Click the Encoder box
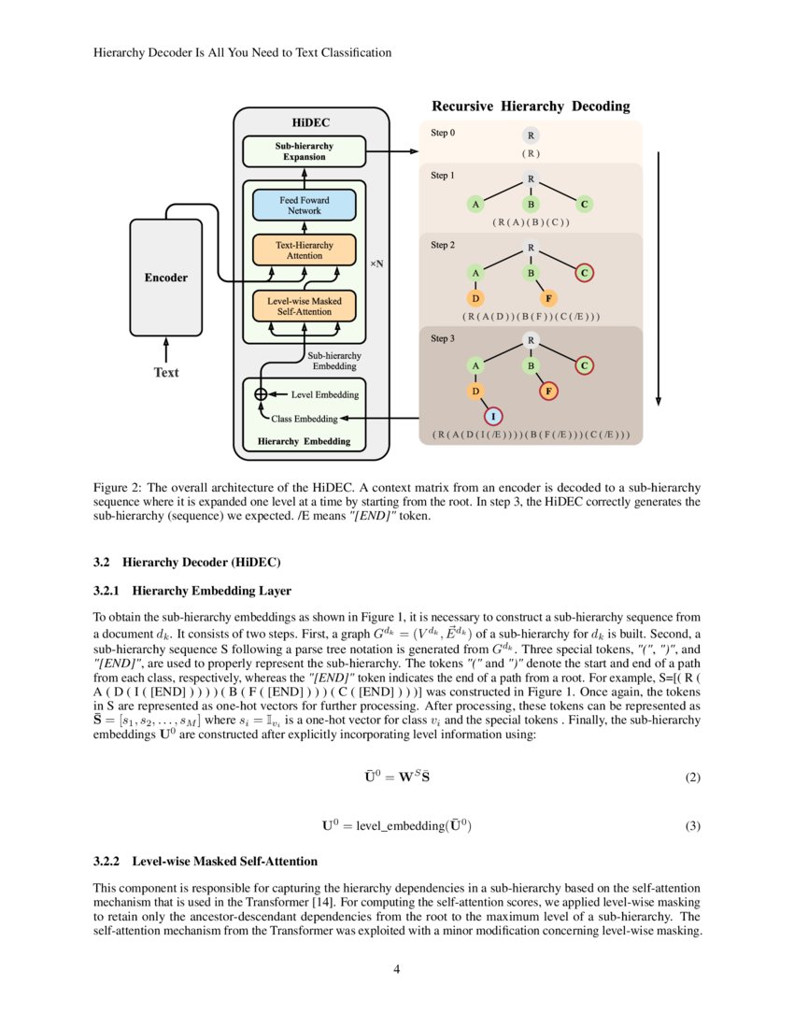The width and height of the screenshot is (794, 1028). (x=165, y=278)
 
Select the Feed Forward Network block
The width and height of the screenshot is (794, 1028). (x=304, y=205)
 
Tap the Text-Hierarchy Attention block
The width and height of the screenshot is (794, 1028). (x=304, y=250)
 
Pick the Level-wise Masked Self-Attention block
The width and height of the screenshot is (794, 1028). (x=304, y=305)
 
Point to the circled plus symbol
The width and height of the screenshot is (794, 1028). (x=261, y=394)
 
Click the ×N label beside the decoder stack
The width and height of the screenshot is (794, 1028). (x=376, y=264)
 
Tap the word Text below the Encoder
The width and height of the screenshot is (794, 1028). (x=165, y=372)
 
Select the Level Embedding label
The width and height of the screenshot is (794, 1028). (x=324, y=394)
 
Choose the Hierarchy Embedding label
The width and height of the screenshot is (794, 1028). (x=304, y=441)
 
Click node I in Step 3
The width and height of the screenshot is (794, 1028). (x=495, y=416)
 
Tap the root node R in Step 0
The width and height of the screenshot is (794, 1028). (x=531, y=136)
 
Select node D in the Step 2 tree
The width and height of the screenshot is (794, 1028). (x=475, y=299)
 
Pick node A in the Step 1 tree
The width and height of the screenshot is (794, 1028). (x=475, y=204)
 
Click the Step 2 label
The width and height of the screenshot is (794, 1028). (x=443, y=245)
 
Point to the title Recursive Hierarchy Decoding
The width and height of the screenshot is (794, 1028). (x=530, y=106)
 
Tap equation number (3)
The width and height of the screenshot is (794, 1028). (x=692, y=825)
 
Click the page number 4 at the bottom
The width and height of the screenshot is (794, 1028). (x=397, y=968)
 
